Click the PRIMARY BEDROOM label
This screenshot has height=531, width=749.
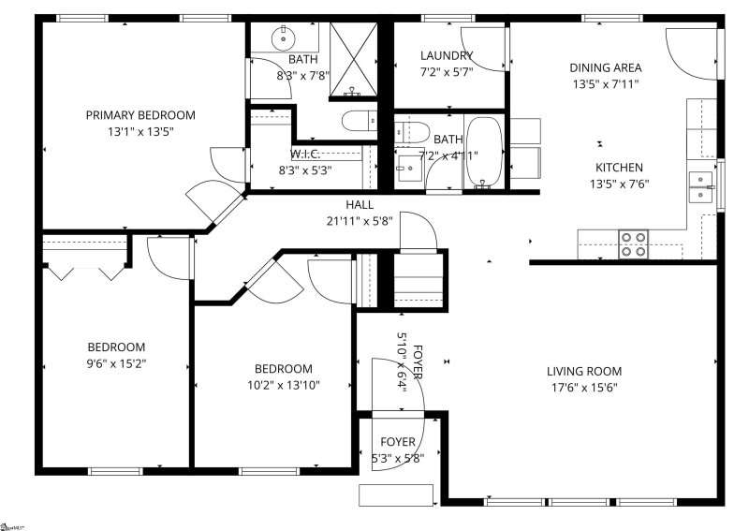(x=140, y=115)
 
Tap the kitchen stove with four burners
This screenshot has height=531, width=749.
(x=635, y=243)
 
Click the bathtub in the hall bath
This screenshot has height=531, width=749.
(x=483, y=153)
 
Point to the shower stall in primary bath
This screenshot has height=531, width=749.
(x=354, y=59)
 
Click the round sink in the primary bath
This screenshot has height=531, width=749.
(x=284, y=38)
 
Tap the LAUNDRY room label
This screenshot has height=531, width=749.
(x=447, y=55)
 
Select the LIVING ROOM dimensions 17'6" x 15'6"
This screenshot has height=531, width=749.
(x=584, y=387)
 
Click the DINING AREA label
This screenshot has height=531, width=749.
(x=606, y=67)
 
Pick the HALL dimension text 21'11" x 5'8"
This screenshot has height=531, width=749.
(x=359, y=221)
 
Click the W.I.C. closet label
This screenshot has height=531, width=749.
(x=305, y=154)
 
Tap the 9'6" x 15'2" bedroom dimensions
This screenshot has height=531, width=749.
(x=117, y=362)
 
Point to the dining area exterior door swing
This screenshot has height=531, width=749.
(x=691, y=53)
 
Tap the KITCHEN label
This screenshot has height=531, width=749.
(x=619, y=168)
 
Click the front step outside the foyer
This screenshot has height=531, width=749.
(x=395, y=494)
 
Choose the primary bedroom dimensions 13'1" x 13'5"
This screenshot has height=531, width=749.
(x=140, y=132)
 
